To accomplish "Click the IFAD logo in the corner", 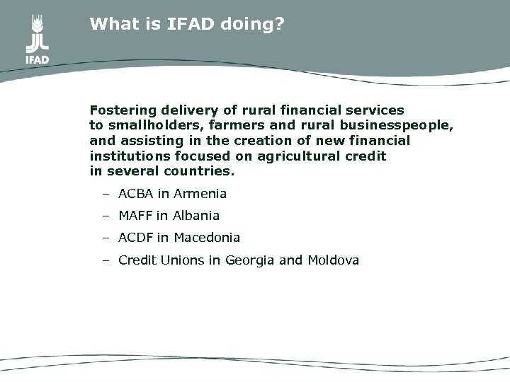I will click(x=37, y=38).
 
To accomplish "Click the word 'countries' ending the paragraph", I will click(x=205, y=172).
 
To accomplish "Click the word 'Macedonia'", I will click(x=207, y=238).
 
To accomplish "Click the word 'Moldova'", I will click(x=334, y=260).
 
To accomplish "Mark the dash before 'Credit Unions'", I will click(x=105, y=260).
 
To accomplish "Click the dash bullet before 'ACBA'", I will click(x=105, y=193).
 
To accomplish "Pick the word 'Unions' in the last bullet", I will click(x=182, y=260).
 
